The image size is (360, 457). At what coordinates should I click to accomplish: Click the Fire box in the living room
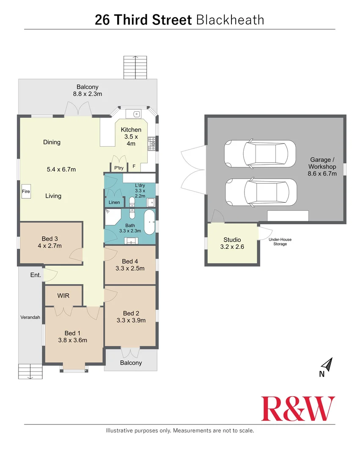click(x=26, y=192)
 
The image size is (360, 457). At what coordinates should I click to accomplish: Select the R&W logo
click(x=298, y=408)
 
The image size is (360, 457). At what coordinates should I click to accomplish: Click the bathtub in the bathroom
click(x=149, y=221)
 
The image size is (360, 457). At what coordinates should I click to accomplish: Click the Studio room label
click(x=232, y=240)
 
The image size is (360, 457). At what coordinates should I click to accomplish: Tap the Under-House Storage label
click(x=280, y=242)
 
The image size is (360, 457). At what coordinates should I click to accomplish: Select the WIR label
click(x=63, y=295)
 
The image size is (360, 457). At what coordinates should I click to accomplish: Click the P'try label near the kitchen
click(x=118, y=167)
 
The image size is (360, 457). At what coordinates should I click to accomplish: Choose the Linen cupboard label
click(x=114, y=202)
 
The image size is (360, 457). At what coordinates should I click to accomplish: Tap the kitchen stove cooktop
click(x=151, y=143)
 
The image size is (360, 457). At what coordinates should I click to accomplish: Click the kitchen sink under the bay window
click(x=135, y=114)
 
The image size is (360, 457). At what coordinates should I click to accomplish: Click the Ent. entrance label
click(x=36, y=275)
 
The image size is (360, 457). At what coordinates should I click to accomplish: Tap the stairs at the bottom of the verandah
click(x=30, y=372)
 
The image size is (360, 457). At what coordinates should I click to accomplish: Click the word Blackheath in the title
click(x=230, y=20)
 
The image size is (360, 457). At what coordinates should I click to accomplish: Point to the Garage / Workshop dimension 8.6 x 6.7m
click(x=322, y=173)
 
